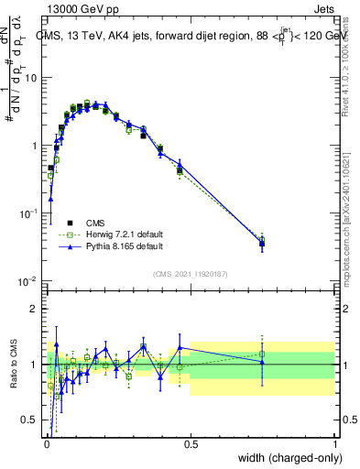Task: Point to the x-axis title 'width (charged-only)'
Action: pos(285,458)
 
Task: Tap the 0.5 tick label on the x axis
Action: pos(191,444)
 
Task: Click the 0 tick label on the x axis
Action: pos(47,444)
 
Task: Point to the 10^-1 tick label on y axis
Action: pos(30,213)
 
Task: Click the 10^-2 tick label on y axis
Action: pos(30,280)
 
